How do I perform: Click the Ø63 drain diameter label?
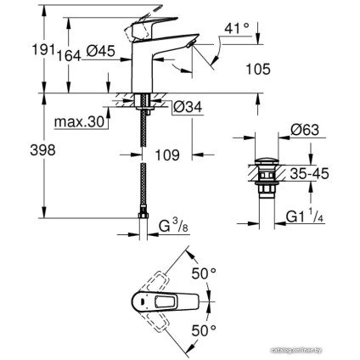pyautogui.click(x=303, y=130)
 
